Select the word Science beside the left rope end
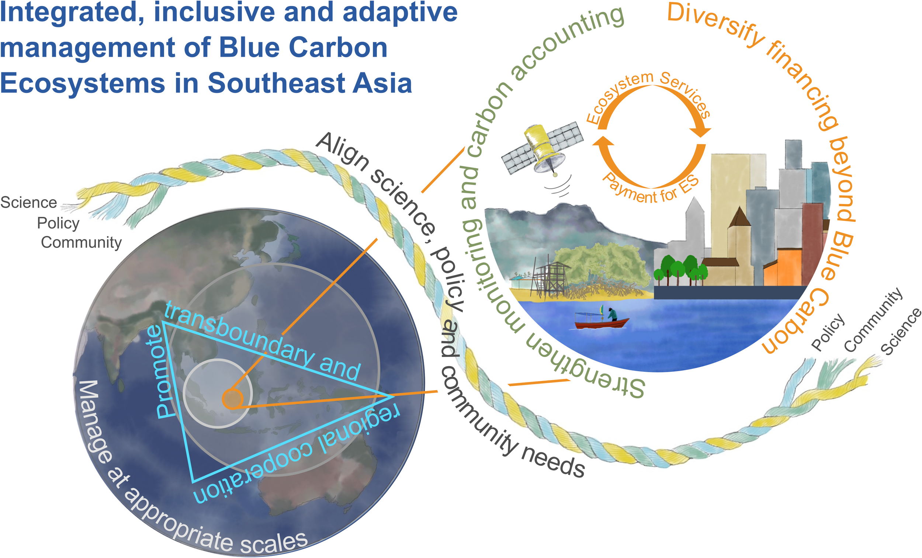point(28,202)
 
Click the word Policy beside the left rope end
point(58,223)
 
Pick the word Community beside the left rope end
point(81,243)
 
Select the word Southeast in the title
point(277,83)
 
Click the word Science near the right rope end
point(901,331)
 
